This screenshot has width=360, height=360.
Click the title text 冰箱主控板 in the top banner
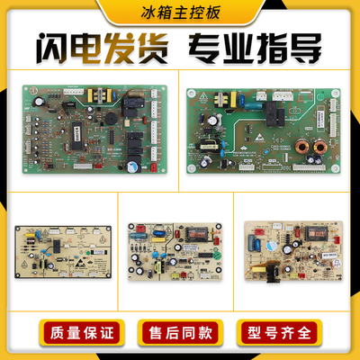[179, 13]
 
